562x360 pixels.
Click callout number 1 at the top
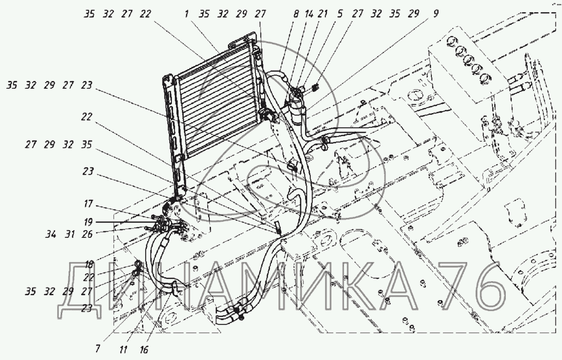point(186,14)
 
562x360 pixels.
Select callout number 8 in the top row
point(296,14)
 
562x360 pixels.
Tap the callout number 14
point(309,14)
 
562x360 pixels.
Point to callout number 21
point(323,14)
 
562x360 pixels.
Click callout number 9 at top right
point(436,14)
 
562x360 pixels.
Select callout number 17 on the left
point(88,204)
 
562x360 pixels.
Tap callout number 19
point(88,222)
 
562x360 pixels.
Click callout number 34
point(51,234)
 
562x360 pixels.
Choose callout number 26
point(87,234)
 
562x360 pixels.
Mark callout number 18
point(89,264)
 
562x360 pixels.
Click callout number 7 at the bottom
point(98,348)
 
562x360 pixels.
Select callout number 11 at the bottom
point(123,349)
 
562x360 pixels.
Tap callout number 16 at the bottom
point(144,349)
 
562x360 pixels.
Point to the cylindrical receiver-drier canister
point(298,109)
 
